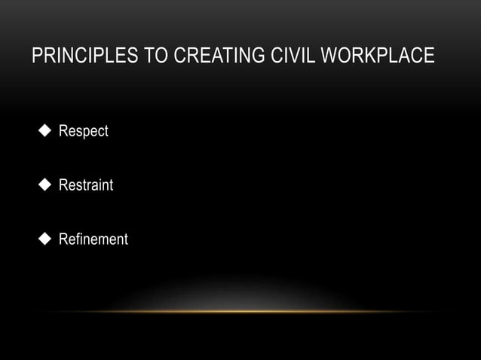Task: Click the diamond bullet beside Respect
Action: click(x=44, y=131)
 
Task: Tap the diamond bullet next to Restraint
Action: click(x=44, y=185)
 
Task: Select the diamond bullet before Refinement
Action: click(x=44, y=239)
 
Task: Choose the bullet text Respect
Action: click(x=84, y=132)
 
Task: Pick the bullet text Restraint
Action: click(x=86, y=185)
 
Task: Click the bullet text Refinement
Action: click(x=93, y=239)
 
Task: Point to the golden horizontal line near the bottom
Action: click(x=240, y=311)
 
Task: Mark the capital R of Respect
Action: click(x=64, y=132)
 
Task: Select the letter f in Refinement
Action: click(x=78, y=239)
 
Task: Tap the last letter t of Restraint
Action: click(x=111, y=185)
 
